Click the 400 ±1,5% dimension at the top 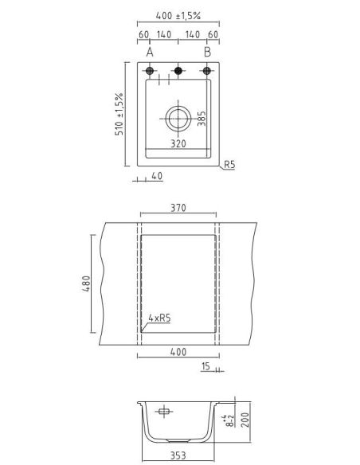(178, 15)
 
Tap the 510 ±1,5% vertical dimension (119, 114)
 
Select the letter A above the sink (150, 53)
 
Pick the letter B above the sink (207, 53)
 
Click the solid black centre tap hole (178, 71)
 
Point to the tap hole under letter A (150, 71)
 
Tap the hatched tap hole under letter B (207, 71)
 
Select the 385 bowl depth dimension (202, 119)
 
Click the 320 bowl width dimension (178, 143)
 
